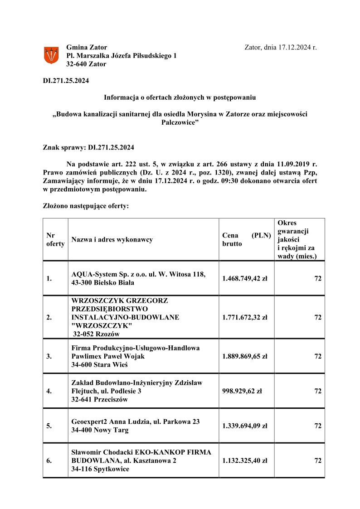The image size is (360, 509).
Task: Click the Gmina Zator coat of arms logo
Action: (x=51, y=55)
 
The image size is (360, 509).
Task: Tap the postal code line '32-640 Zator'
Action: (x=86, y=64)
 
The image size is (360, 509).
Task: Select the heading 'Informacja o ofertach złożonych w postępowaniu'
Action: (x=180, y=97)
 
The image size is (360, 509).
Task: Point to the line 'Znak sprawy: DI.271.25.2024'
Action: (x=88, y=147)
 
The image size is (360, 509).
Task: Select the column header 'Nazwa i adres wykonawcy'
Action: (x=112, y=239)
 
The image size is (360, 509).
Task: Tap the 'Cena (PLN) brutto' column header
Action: (x=246, y=239)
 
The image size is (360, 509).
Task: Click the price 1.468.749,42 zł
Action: (x=245, y=278)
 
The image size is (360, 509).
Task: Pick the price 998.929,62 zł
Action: (x=242, y=391)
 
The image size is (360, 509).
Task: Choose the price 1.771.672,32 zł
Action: (x=245, y=317)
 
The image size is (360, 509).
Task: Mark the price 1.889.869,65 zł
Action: (x=245, y=356)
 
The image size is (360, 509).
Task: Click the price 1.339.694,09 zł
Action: (x=245, y=426)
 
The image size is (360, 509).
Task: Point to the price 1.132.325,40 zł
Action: (x=245, y=461)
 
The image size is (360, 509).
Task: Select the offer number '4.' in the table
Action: (x=49, y=391)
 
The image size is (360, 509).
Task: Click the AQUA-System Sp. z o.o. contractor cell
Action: (x=139, y=278)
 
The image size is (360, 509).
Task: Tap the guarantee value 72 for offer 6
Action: (x=318, y=461)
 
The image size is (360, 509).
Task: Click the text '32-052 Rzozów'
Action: (x=95, y=334)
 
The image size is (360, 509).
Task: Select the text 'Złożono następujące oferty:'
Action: (x=86, y=206)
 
